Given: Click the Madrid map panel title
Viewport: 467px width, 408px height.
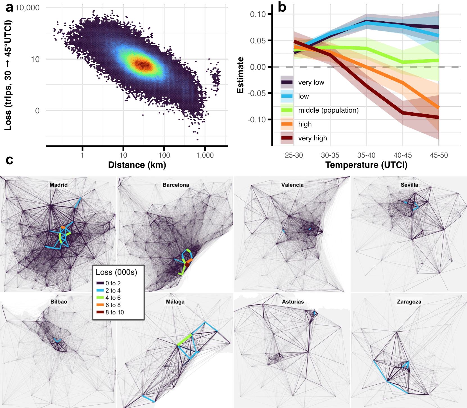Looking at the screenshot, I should (58, 185).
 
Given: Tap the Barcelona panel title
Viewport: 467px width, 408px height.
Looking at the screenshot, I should (176, 185).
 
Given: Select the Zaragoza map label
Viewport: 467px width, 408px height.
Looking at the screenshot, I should (409, 302).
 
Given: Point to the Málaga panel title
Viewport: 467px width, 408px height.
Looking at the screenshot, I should (175, 302).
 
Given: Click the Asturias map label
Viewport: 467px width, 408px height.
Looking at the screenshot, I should (293, 302).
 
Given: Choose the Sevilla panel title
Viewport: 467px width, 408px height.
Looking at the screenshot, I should (409, 185).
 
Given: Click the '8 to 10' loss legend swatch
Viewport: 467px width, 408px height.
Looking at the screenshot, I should (100, 312).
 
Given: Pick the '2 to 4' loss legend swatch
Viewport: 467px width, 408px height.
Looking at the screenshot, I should (100, 290).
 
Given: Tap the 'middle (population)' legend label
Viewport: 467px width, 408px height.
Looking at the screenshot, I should (328, 110).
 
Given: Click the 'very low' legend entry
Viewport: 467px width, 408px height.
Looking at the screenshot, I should (311, 82).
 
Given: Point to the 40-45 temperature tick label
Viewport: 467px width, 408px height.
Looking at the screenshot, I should (402, 155).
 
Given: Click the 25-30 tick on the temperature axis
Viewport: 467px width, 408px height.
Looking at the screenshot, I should (294, 155).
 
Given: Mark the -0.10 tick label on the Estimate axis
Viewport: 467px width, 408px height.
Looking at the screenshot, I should (256, 120).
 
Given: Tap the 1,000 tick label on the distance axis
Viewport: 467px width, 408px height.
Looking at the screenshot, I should (205, 155).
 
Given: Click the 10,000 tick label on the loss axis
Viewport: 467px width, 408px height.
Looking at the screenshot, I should (27, 8).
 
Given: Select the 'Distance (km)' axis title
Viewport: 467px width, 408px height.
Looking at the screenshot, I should (137, 165).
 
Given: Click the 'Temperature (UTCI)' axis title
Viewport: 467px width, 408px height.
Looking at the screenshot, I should (366, 165).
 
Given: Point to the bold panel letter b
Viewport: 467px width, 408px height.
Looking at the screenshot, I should (282, 8).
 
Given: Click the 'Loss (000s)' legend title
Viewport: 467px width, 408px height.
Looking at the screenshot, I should (116, 272).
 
